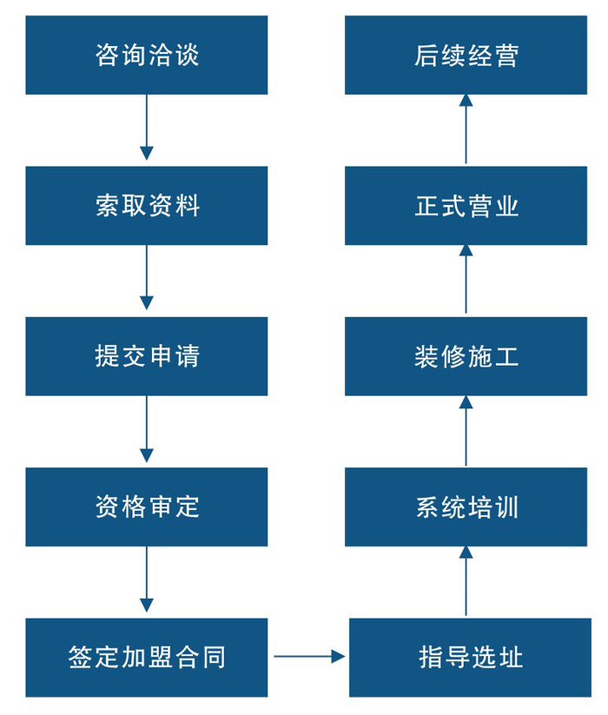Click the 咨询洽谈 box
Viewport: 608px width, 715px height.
coord(146,55)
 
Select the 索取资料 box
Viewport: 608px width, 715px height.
coord(146,206)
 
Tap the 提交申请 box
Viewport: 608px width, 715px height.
coord(146,356)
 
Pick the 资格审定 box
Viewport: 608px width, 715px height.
coord(146,506)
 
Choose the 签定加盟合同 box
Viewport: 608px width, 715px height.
coord(146,657)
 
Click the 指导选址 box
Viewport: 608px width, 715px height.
coord(470,657)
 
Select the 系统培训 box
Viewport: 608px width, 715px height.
coord(466,506)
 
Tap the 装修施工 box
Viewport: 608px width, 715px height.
coord(466,356)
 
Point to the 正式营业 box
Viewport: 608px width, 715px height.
coord(466,206)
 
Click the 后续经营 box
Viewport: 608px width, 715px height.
coord(466,55)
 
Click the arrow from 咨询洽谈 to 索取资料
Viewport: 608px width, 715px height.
coord(146,127)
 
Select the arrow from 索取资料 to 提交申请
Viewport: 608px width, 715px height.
coord(146,277)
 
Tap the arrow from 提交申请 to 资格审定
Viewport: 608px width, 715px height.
coord(146,428)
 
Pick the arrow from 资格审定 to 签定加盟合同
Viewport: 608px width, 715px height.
coord(146,579)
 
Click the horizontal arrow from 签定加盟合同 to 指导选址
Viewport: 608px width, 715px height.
coord(309,657)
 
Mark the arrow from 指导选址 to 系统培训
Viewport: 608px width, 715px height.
coord(466,581)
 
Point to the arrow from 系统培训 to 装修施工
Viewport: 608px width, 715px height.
coord(466,431)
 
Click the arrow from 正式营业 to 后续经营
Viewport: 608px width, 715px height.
coord(466,129)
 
